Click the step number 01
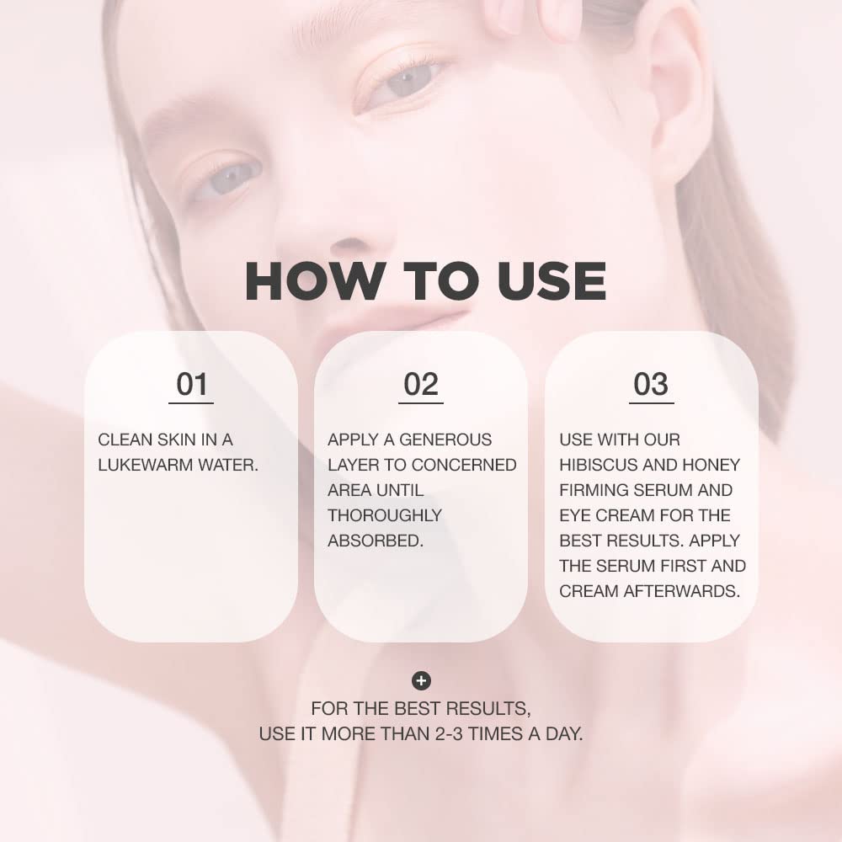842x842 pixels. tap(191, 385)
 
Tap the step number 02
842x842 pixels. tap(421, 385)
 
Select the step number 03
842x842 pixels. tap(651, 385)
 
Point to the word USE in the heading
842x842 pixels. tap(551, 281)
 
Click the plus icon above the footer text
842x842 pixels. tap(421, 680)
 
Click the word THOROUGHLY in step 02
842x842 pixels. tap(385, 515)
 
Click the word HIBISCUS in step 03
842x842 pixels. tap(600, 465)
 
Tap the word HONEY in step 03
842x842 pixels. tap(712, 465)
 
